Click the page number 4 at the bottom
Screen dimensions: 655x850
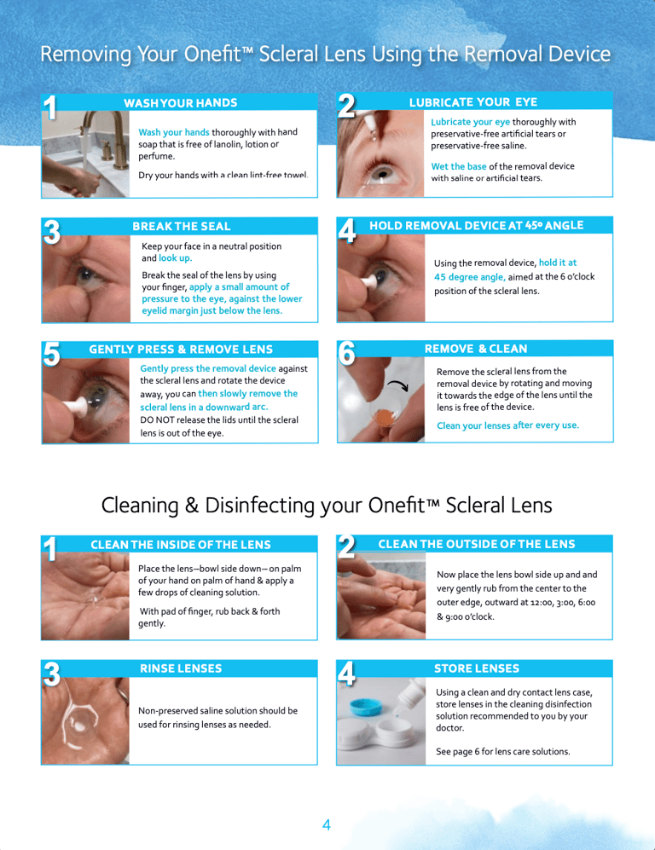pos(327,824)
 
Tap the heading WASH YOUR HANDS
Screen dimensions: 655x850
pos(181,103)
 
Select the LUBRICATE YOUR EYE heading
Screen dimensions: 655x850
pos(473,102)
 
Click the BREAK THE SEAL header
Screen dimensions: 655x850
pos(182,226)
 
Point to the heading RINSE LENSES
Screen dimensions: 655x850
pos(181,668)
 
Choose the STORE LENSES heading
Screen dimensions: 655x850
pos(477,668)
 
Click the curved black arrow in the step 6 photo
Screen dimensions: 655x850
pos(397,385)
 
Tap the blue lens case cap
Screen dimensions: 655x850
pos(366,707)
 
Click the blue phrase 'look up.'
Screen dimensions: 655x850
pos(175,258)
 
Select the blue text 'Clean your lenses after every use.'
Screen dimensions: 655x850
pos(508,425)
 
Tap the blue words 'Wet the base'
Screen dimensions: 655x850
pos(459,166)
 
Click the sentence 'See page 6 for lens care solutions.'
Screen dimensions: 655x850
pos(503,751)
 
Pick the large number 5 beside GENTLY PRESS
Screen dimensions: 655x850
pos(51,354)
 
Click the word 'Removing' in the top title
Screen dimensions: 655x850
pos(85,55)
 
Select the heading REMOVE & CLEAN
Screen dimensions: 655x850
pos(476,349)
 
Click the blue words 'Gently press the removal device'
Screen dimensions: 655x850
pos(208,368)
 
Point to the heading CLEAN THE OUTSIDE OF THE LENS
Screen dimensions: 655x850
pos(477,544)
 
